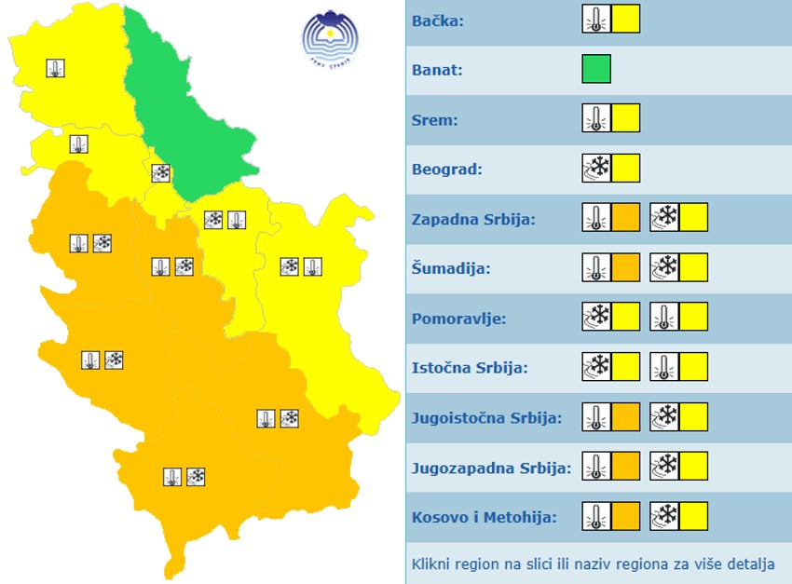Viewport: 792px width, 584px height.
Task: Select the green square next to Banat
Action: click(596, 69)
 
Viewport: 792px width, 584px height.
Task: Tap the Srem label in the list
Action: click(434, 119)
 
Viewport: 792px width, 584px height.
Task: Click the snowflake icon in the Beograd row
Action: click(596, 169)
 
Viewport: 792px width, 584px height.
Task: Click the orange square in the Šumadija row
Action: click(626, 268)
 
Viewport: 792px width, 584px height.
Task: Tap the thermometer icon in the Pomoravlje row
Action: click(664, 318)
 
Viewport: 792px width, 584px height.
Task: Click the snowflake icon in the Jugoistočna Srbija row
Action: click(664, 417)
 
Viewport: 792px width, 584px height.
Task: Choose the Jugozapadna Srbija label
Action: click(491, 468)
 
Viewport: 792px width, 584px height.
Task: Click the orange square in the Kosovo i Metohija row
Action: click(626, 516)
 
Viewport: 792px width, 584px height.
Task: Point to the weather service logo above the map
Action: click(329, 39)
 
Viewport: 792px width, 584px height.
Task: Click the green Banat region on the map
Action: click(187, 112)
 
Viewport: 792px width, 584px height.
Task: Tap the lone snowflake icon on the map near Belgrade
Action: click(160, 172)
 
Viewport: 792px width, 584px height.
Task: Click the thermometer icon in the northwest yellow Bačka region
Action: click(55, 68)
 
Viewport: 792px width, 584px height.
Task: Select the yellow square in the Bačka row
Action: click(626, 19)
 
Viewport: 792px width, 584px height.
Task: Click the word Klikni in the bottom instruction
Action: click(431, 564)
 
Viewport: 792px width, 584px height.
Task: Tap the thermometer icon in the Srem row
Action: click(596, 118)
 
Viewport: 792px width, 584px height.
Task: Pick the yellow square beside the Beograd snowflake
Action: click(626, 169)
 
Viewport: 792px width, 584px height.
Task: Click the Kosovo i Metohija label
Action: click(485, 517)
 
